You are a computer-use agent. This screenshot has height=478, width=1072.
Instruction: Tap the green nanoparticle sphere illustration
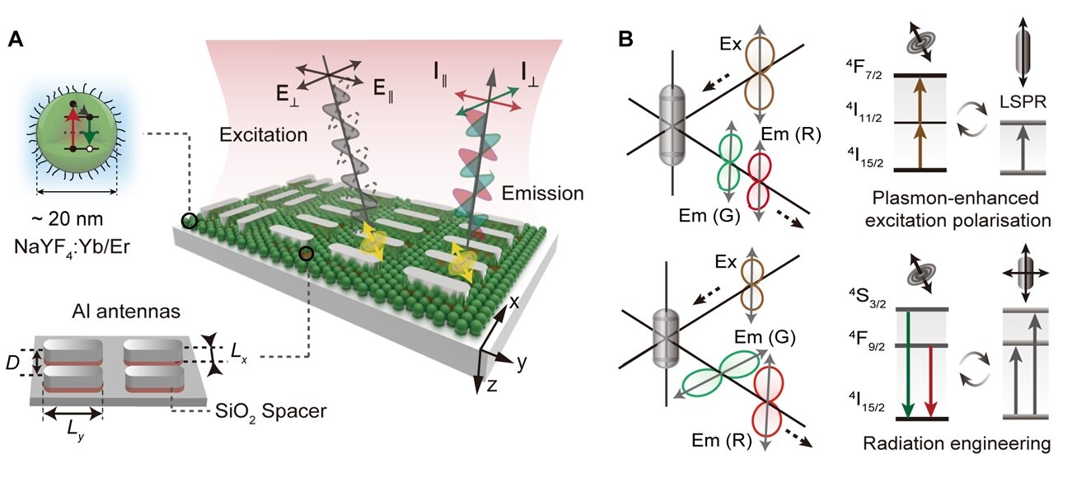click(77, 132)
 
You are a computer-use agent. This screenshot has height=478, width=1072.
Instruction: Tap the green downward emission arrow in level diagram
click(907, 363)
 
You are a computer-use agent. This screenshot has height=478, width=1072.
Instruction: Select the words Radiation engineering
click(957, 444)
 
